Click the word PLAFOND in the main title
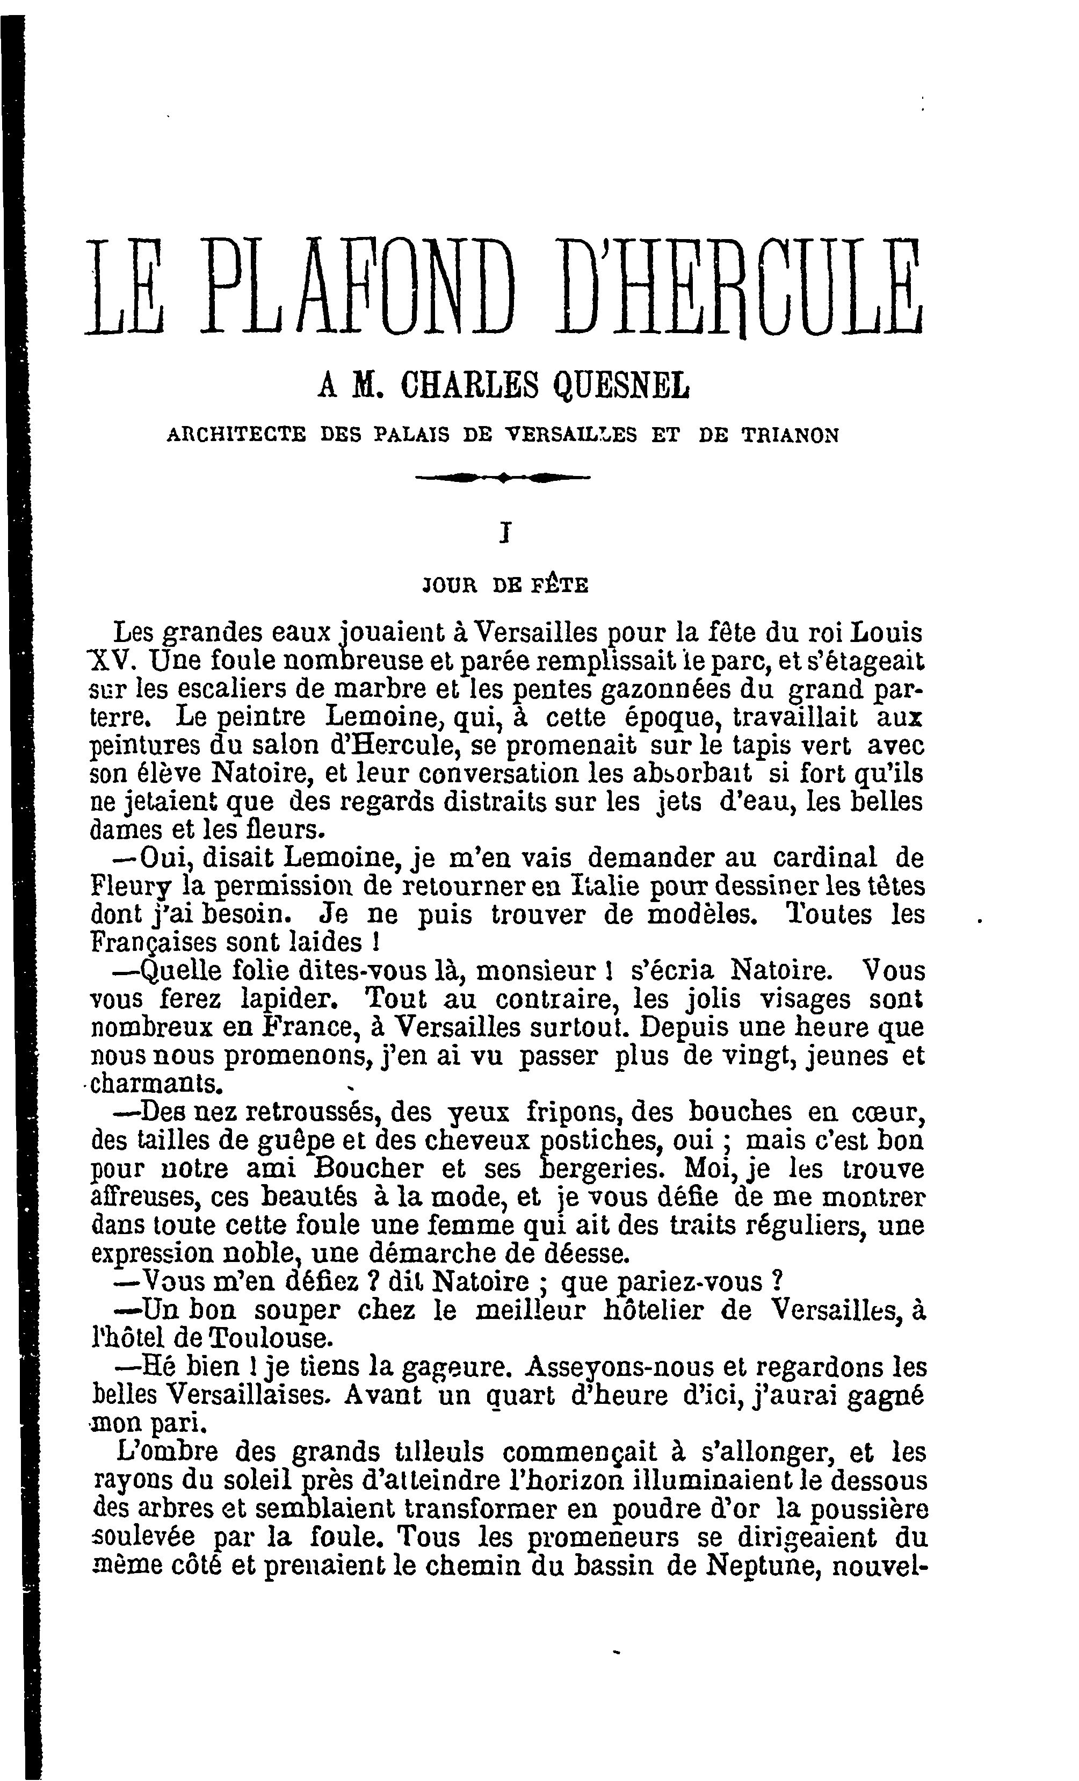click(361, 289)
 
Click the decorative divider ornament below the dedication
click(504, 477)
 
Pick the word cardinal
click(824, 858)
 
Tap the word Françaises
click(153, 943)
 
